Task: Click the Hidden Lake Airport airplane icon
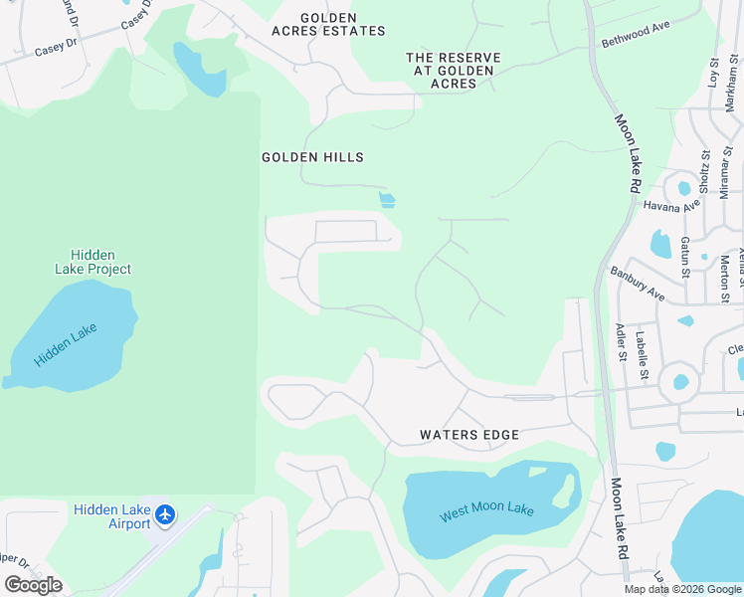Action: (165, 515)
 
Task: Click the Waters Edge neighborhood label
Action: (469, 435)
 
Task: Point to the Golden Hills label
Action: (312, 157)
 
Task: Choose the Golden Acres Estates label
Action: (328, 25)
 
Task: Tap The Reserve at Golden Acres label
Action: (453, 71)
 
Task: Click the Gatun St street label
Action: (685, 257)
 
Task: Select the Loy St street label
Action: (713, 75)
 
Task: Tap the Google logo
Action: (33, 585)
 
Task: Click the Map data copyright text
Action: (681, 589)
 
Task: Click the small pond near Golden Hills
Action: (387, 200)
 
